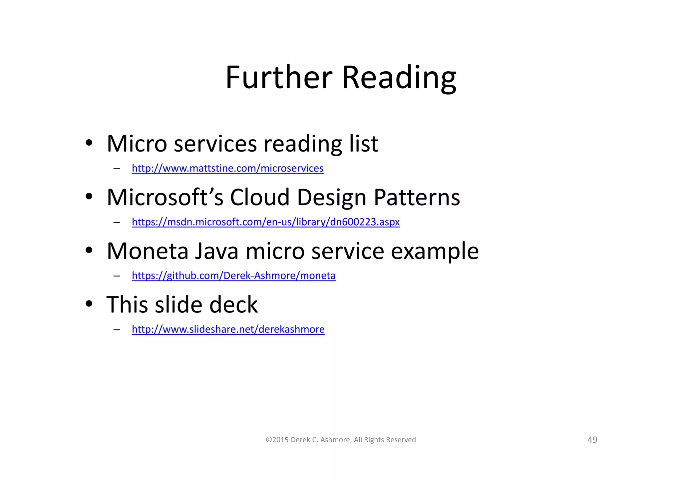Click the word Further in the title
tap(279, 78)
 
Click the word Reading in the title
tap(399, 78)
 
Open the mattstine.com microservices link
tap(227, 168)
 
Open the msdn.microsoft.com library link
tap(265, 222)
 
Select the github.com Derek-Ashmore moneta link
tap(233, 275)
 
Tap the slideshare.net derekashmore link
tap(228, 329)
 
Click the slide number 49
tap(592, 440)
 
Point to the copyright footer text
tap(341, 440)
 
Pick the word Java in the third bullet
tap(216, 251)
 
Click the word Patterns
tap(417, 197)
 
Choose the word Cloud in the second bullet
tap(260, 197)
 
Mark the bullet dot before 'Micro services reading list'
tap(89, 143)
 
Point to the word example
tap(435, 251)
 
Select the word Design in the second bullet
tap(332, 197)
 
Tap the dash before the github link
tap(117, 276)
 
